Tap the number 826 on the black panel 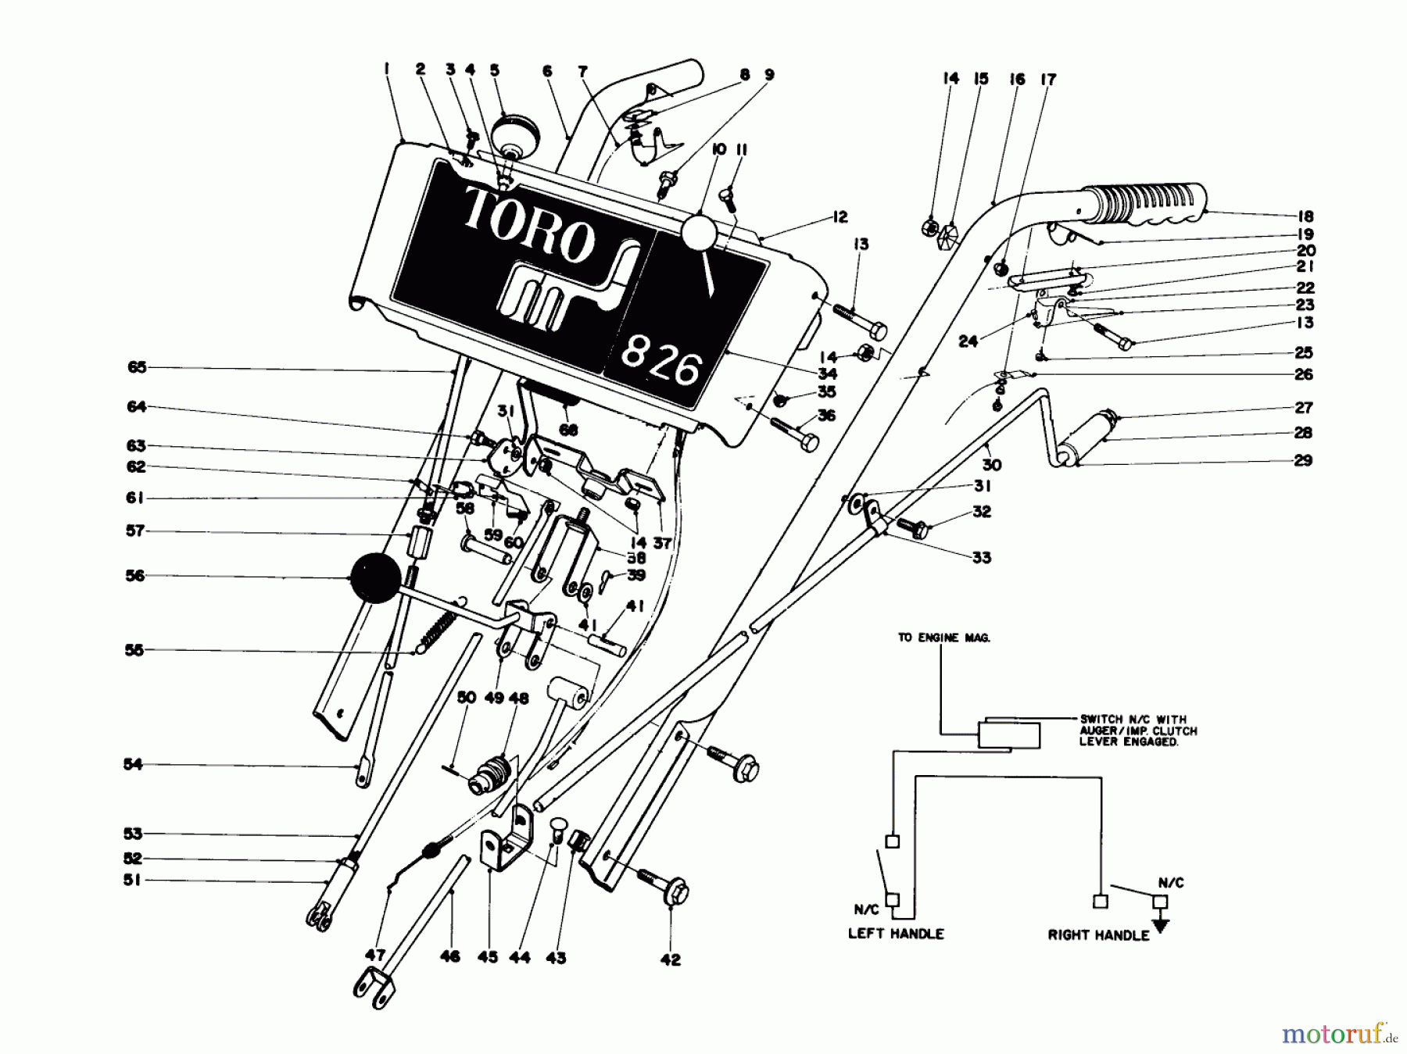point(661,364)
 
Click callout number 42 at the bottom point(670,960)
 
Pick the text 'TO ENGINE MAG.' point(943,638)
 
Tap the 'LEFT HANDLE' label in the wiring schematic point(896,934)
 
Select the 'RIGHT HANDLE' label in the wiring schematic point(1098,934)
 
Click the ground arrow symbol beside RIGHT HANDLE point(1162,925)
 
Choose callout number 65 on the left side point(137,366)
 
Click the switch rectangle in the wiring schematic point(1009,735)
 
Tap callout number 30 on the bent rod point(992,465)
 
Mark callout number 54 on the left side point(133,764)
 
